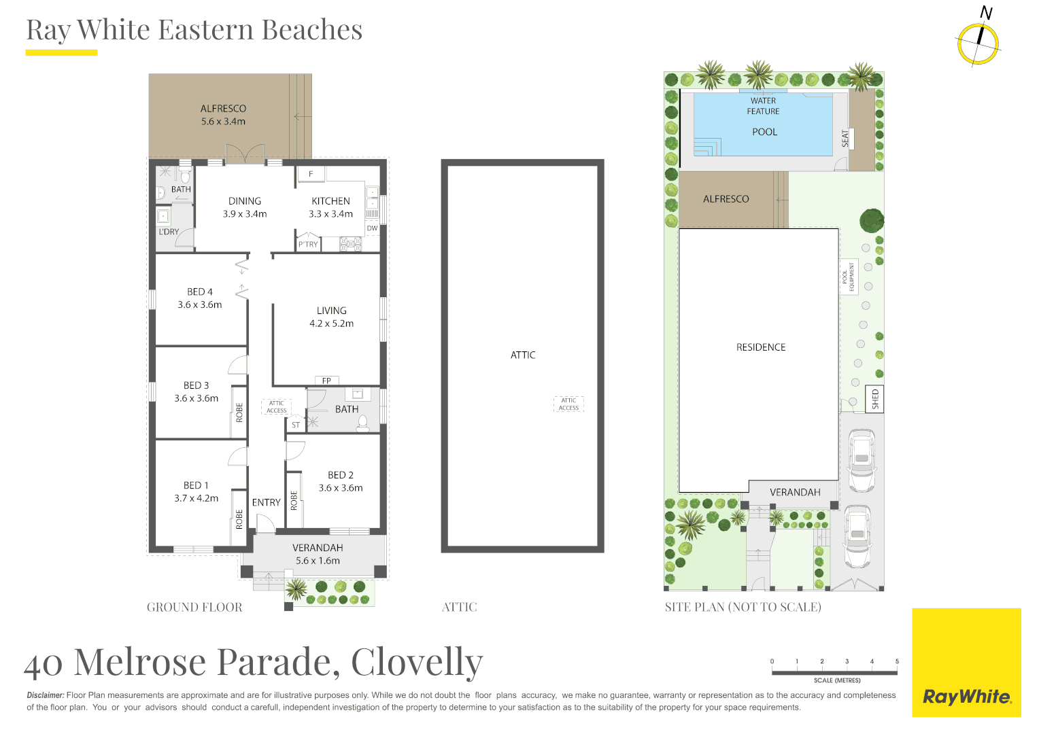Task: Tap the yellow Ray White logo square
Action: coord(967,662)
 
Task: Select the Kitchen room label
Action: coord(330,201)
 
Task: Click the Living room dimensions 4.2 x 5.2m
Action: coord(332,324)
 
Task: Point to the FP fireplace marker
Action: coord(326,381)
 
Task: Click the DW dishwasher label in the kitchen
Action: coord(372,228)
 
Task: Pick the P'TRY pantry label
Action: coord(308,245)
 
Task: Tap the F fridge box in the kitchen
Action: coord(311,175)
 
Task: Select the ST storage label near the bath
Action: coord(296,425)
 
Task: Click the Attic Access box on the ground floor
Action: coord(276,406)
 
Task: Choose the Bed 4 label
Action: coord(200,292)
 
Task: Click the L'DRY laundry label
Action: coord(169,231)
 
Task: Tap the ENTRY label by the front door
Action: coord(267,503)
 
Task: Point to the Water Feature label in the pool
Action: coord(763,106)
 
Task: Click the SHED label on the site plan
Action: coord(875,399)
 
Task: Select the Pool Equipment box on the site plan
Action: coord(849,277)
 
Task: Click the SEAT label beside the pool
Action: coord(845,139)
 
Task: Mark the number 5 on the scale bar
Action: coord(897,661)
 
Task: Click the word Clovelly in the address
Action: coord(417,662)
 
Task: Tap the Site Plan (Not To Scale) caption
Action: coord(743,607)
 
